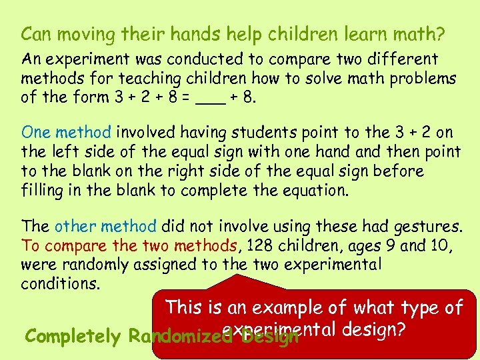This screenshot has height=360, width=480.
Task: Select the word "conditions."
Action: pos(61,283)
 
